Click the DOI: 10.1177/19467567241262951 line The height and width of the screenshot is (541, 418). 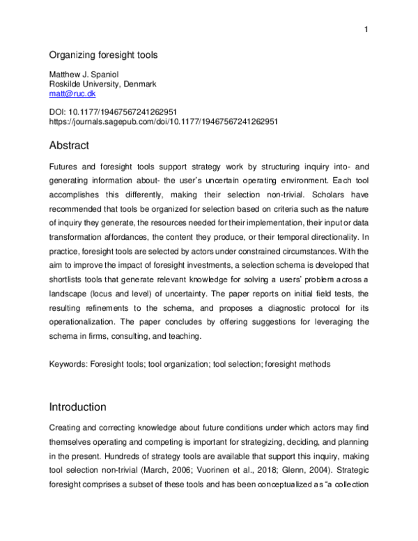pyautogui.click(x=111, y=111)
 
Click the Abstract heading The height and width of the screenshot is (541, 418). pyautogui.click(x=70, y=146)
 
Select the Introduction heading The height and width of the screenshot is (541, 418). pyautogui.click(x=77, y=406)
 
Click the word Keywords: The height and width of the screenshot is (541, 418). pyautogui.click(x=69, y=364)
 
